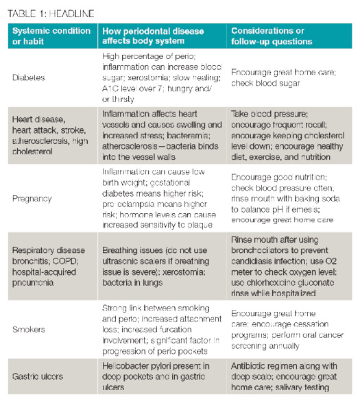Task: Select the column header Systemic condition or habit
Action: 51,36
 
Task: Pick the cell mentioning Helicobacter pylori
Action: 162,376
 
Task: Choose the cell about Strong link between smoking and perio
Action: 162,328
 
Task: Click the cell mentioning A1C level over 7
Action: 162,77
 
